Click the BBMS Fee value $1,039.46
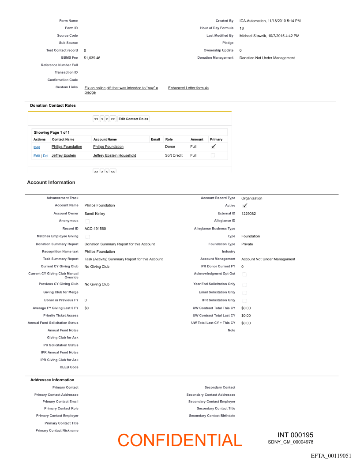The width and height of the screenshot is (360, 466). [92, 58]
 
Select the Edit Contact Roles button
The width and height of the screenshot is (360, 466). [133, 119]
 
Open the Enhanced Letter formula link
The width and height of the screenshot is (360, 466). [188, 88]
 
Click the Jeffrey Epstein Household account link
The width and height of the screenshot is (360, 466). [115, 155]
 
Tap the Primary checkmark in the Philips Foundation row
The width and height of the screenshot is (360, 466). [214, 147]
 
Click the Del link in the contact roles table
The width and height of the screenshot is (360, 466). [45, 156]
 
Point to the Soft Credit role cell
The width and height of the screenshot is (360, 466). [174, 155]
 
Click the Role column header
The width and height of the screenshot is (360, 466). [169, 139]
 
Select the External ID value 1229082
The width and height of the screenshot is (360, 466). [248, 214]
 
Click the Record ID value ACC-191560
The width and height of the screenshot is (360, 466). [95, 229]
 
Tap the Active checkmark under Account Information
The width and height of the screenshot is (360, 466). [245, 206]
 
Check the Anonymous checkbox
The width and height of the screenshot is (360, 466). [87, 221]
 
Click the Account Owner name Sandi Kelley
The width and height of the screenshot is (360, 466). [95, 214]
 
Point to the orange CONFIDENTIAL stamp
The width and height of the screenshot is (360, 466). [180, 440]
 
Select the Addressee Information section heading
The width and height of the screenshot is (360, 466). [52, 380]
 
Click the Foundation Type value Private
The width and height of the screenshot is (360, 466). [247, 244]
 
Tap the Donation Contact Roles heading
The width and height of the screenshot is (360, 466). [52, 105]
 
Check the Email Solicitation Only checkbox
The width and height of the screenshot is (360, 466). [244, 293]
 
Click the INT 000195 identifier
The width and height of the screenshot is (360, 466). [295, 435]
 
